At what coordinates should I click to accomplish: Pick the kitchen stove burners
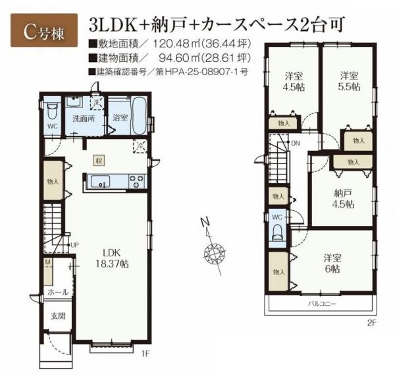[x=138, y=179]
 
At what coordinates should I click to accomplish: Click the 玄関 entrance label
[x=57, y=316]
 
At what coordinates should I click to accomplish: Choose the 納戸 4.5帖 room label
[x=342, y=198]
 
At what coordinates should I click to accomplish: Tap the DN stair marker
[x=296, y=142]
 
